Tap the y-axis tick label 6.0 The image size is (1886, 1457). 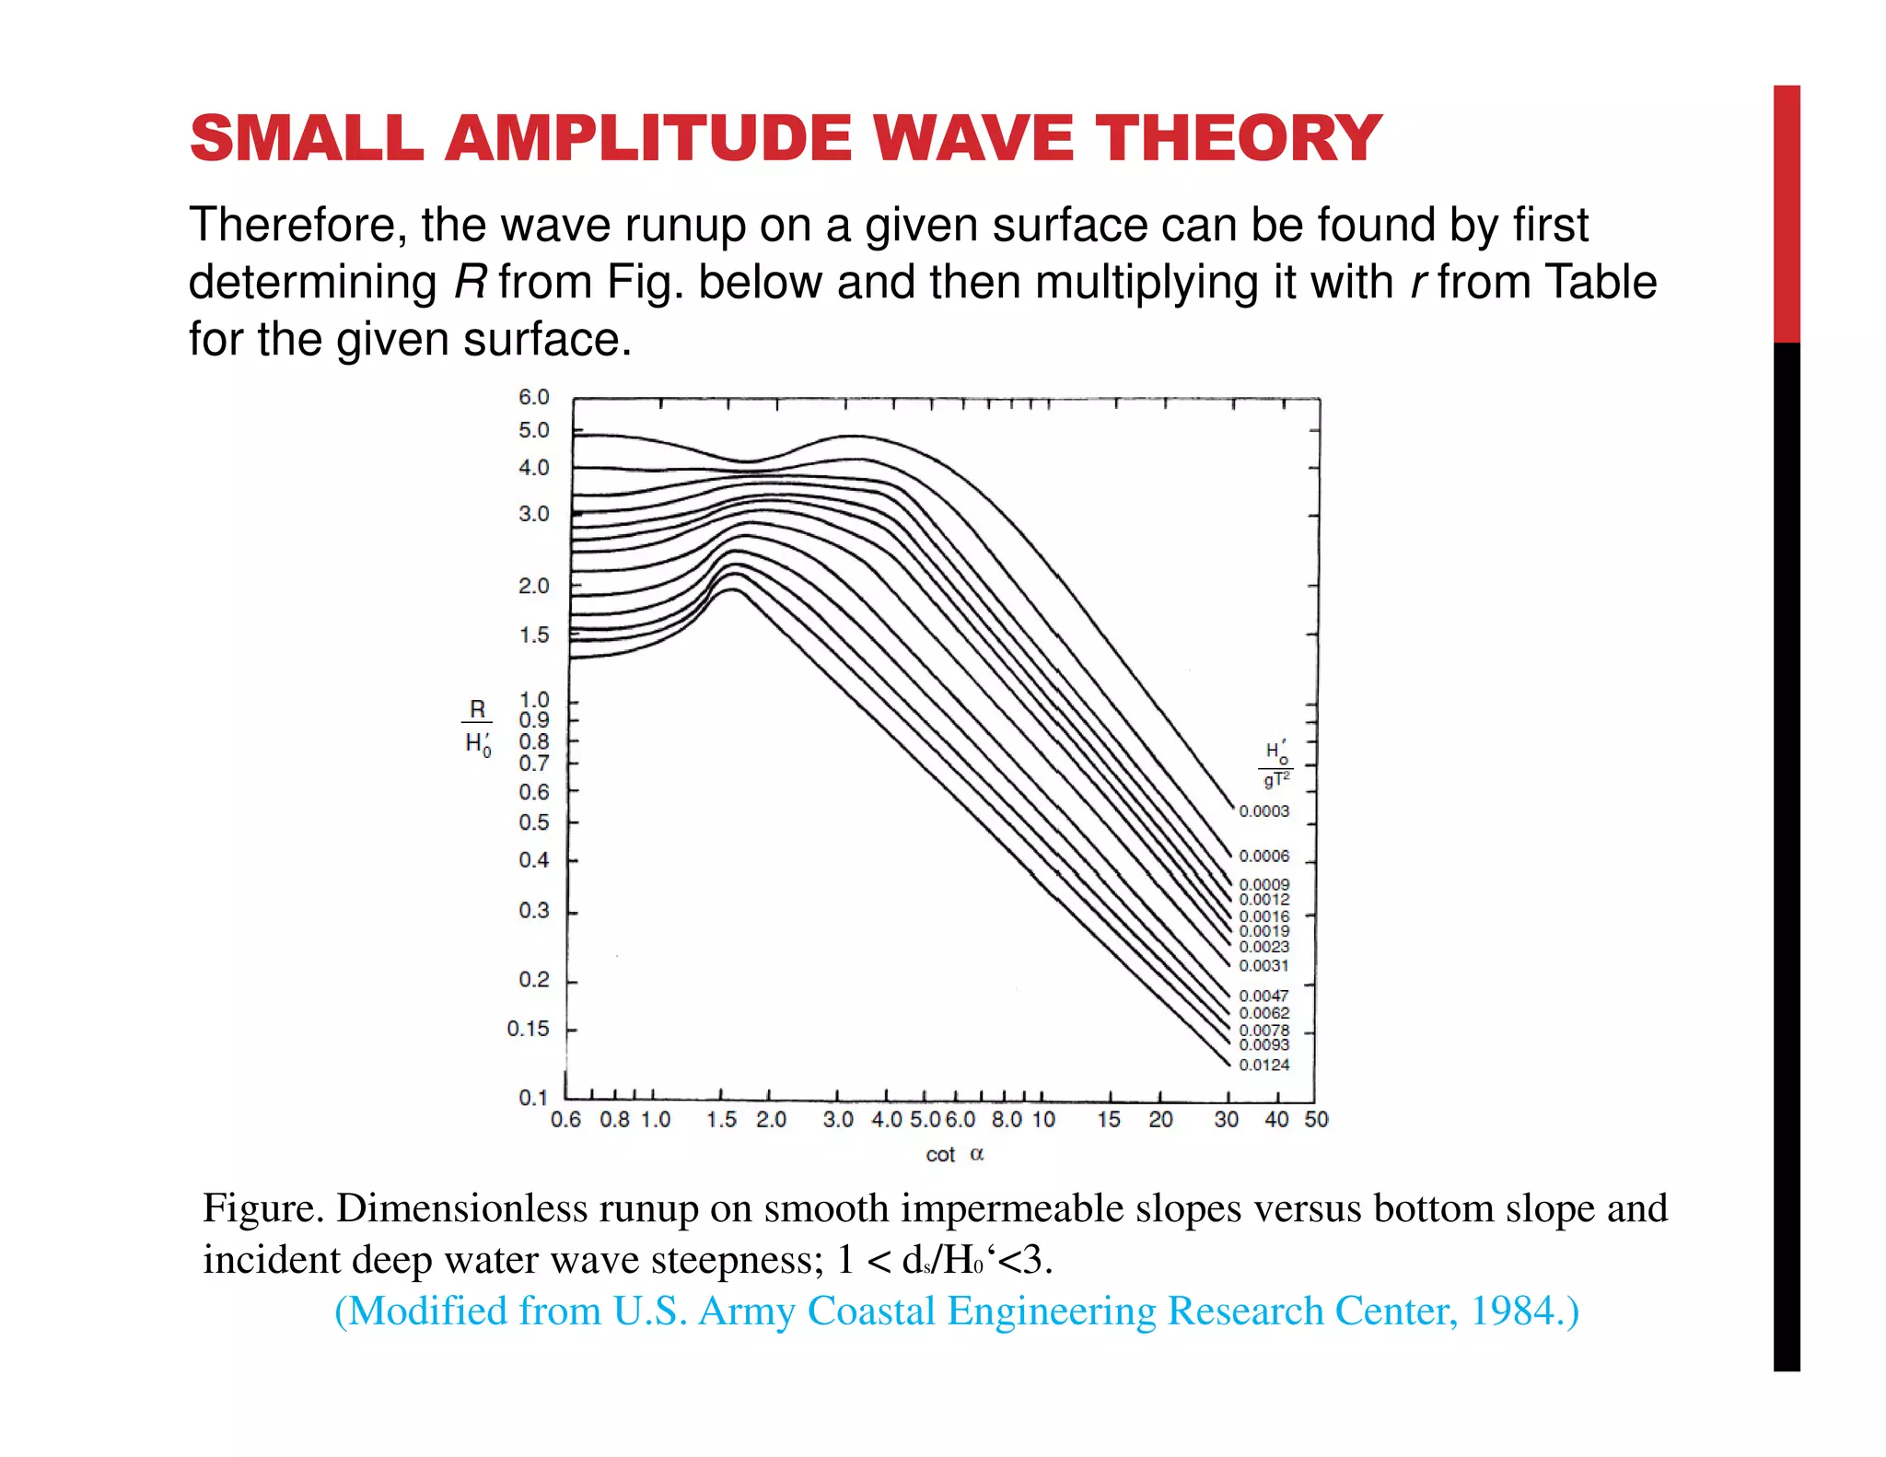533,397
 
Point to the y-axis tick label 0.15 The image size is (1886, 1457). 528,1029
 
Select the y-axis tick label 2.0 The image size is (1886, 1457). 533,586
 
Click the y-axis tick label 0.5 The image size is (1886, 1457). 533,822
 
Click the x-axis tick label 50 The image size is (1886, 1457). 1316,1119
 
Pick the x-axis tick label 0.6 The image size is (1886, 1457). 565,1120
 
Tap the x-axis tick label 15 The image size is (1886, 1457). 1109,1120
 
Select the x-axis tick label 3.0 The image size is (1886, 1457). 838,1120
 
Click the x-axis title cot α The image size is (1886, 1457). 955,1155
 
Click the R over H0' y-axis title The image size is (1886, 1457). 477,726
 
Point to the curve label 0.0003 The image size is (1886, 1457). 1263,811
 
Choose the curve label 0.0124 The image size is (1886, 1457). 1263,1066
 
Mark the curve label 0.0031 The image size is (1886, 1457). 1263,966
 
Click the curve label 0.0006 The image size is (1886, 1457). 1263,857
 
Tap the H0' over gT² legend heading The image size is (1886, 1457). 1276,765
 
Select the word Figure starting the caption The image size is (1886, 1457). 262,1208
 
